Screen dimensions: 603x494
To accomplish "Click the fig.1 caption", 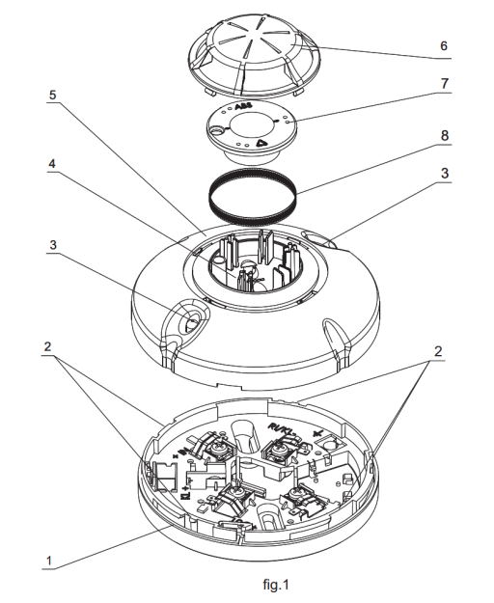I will pos(247,584).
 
